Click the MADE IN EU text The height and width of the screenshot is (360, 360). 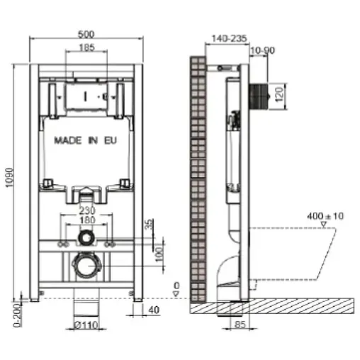pyautogui.click(x=84, y=140)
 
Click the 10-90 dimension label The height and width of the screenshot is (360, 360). pyautogui.click(x=263, y=51)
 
